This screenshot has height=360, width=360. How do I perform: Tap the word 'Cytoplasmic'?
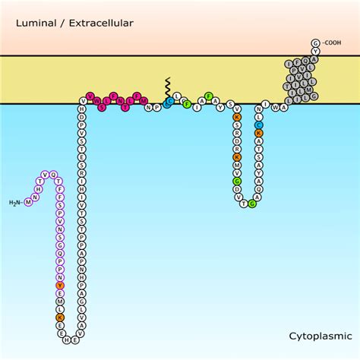315,335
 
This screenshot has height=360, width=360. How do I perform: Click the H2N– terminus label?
17,202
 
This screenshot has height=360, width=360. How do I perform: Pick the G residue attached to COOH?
315,43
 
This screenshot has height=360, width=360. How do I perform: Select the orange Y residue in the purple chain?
60,286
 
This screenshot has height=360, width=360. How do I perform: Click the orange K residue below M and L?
60,318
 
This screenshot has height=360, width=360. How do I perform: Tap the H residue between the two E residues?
65,340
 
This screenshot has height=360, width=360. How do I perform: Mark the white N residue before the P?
150,107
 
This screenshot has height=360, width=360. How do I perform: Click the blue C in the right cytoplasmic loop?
259,125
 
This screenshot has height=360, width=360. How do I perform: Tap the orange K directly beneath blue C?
259,133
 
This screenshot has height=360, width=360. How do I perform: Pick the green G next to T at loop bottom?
253,204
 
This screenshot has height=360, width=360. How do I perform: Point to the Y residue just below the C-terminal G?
315,52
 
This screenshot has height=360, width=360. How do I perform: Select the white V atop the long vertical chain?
82,99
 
